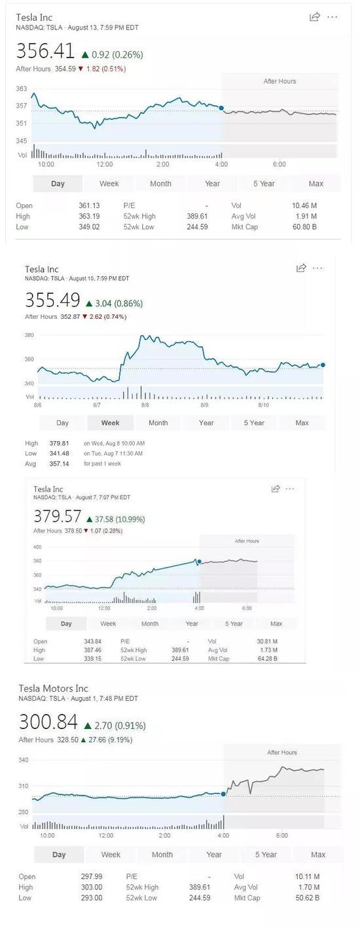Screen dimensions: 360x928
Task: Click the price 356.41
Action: pos(45,51)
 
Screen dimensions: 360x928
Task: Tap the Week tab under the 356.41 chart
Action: pos(109,183)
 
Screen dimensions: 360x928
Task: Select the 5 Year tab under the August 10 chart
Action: pos(254,423)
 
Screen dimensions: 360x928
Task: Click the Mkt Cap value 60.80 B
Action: pos(304,227)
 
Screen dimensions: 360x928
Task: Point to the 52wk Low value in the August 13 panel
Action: pos(197,227)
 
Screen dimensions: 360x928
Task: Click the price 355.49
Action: pos(52,300)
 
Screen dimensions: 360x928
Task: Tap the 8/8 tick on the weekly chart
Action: pos(145,404)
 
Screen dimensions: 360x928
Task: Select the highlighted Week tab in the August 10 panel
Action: pos(110,423)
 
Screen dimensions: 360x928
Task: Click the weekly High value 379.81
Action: pos(60,443)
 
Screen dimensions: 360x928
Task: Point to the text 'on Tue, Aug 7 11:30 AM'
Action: pos(113,454)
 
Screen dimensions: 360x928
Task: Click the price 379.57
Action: pos(57,516)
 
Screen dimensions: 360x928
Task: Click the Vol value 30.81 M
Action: pos(267,641)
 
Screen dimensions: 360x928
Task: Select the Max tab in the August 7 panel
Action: pos(276,624)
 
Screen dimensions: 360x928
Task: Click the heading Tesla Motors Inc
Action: pos(54,688)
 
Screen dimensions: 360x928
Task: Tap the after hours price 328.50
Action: pos(67,740)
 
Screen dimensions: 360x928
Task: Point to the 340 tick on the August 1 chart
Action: pos(23,760)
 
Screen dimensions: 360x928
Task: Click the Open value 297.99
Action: pos(92,877)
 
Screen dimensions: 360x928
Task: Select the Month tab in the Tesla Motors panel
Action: pos(162,855)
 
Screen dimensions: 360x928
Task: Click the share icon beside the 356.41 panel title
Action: pos(315,16)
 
